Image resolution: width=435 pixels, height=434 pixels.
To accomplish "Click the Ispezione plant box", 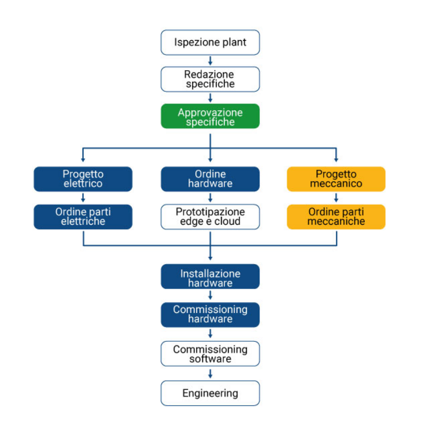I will (x=210, y=42).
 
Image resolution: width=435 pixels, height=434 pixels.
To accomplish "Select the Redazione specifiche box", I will (x=210, y=79).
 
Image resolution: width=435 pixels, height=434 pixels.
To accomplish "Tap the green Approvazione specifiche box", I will (x=210, y=117).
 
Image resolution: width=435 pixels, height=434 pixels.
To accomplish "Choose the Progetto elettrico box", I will (x=83, y=179).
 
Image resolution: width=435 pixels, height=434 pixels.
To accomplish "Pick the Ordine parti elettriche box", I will (x=83, y=217).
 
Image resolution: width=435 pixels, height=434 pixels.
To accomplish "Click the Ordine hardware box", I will (x=210, y=179).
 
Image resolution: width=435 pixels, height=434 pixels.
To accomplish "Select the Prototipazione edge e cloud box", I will (x=210, y=217).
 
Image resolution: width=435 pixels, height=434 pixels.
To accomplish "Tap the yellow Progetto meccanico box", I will (x=336, y=179).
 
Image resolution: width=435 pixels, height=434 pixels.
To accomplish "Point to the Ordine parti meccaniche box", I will (x=336, y=217).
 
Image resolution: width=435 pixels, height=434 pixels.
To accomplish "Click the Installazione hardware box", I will (x=210, y=277).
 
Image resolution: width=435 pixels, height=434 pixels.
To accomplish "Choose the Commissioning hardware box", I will (x=210, y=315).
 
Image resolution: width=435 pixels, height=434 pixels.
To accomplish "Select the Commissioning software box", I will (x=210, y=354).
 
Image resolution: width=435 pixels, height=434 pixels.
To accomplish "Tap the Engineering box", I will (x=210, y=393).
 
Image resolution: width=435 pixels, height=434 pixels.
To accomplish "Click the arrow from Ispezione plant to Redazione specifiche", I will (x=210, y=61).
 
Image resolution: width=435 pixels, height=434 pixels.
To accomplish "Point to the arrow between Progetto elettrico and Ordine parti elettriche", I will (x=83, y=198).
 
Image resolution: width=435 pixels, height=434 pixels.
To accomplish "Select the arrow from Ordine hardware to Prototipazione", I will (x=210, y=198).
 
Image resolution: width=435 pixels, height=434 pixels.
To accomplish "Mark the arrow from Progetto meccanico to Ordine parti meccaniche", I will (x=336, y=198).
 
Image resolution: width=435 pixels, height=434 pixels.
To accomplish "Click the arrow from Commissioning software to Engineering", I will (x=210, y=373).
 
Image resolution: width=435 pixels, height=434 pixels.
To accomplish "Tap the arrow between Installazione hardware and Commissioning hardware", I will (x=210, y=296).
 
